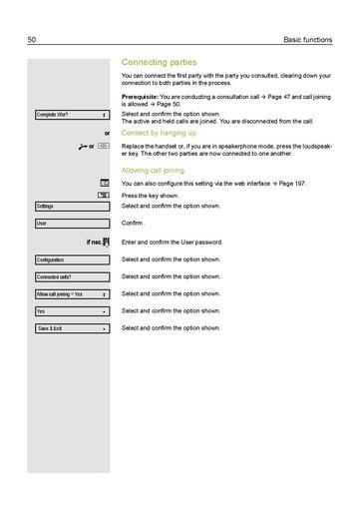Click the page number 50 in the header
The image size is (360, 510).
[x=32, y=39]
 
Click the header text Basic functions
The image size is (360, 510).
[x=306, y=39]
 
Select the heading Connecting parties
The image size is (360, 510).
[x=159, y=62]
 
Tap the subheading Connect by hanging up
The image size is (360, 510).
[x=158, y=132]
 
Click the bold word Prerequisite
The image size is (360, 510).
[x=144, y=95]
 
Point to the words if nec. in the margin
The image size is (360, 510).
[x=98, y=243]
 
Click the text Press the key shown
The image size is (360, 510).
[x=153, y=196]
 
